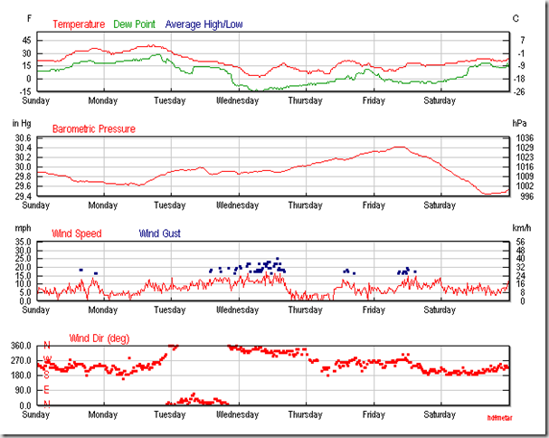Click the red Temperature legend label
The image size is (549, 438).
click(79, 24)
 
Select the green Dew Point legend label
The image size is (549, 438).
click(134, 24)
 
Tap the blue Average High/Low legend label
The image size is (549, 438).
click(204, 24)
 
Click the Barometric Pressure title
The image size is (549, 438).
click(94, 129)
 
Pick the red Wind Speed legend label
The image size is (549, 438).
click(77, 233)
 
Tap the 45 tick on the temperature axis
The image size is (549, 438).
click(26, 41)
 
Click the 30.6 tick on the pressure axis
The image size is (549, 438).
click(23, 138)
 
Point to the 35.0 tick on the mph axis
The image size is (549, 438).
click(23, 243)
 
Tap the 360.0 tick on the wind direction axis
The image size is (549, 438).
click(21, 346)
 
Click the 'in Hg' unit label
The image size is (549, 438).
click(21, 122)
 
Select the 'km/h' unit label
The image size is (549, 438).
click(521, 227)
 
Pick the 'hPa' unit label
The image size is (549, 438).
click(519, 122)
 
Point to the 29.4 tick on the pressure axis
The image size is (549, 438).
click(23, 196)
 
